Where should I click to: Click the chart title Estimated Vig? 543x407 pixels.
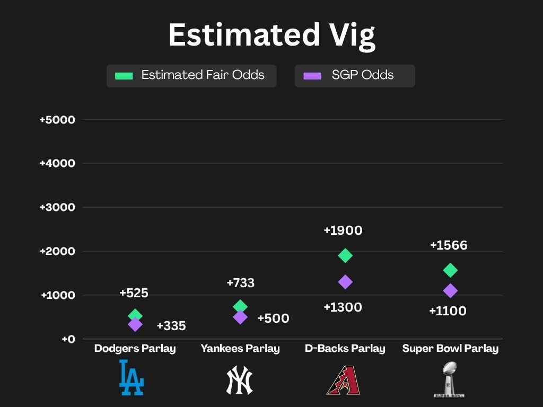pyautogui.click(x=271, y=35)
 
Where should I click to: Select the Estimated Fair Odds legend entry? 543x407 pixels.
pyautogui.click(x=191, y=75)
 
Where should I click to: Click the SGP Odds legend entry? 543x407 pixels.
pyautogui.click(x=355, y=75)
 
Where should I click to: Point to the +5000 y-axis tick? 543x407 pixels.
pyautogui.click(x=57, y=120)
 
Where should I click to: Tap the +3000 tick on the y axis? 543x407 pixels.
pyautogui.click(x=57, y=207)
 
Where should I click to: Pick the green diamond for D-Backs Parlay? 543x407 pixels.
pyautogui.click(x=345, y=255)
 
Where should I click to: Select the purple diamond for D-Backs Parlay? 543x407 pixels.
pyautogui.click(x=345, y=282)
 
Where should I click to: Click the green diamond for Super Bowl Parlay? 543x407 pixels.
pyautogui.click(x=450, y=270)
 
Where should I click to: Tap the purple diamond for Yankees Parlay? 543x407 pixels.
pyautogui.click(x=240, y=317)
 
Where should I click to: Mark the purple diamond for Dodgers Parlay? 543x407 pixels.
pyautogui.click(x=135, y=324)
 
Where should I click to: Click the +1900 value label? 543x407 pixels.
pyautogui.click(x=343, y=231)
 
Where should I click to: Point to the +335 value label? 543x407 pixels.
pyautogui.click(x=171, y=326)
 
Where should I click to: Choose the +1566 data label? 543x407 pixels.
pyautogui.click(x=449, y=245)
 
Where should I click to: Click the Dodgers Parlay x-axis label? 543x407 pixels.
pyautogui.click(x=135, y=349)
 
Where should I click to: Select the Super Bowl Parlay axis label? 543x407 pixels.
pyautogui.click(x=450, y=349)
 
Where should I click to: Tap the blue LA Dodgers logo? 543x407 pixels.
pyautogui.click(x=131, y=377)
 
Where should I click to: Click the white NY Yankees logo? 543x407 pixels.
pyautogui.click(x=240, y=380)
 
